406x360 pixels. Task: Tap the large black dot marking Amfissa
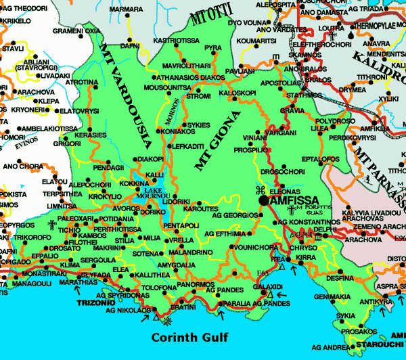263,201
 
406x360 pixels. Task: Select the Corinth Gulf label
190,336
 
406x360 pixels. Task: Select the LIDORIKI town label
177,202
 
